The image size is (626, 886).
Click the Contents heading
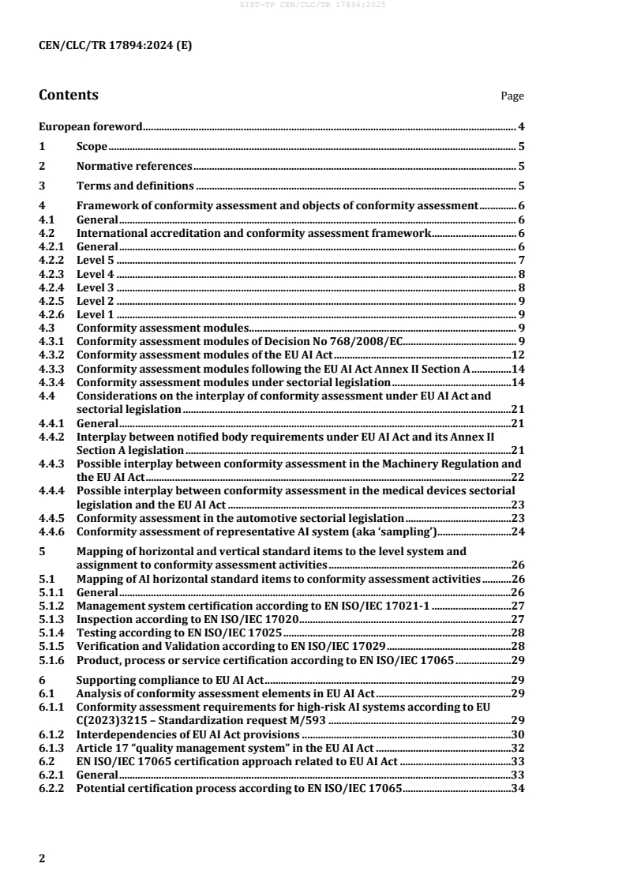click(x=69, y=96)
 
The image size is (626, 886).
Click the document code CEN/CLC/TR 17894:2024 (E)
click(x=115, y=45)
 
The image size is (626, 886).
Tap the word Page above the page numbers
click(x=512, y=96)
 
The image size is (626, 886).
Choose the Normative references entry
click(x=134, y=166)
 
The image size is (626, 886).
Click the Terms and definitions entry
click(x=135, y=186)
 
